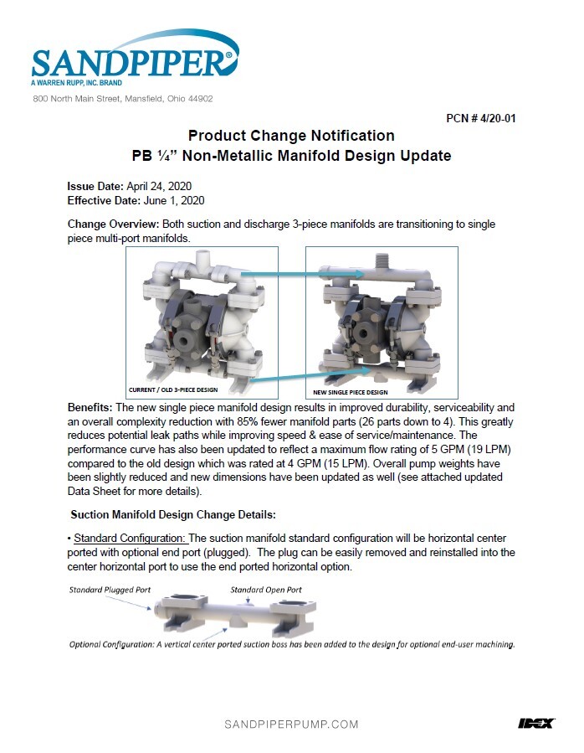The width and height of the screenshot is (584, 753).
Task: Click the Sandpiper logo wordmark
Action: coord(132,62)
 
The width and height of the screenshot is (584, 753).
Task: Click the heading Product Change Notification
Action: coord(291,136)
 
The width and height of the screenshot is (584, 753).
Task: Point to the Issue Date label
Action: coord(95,187)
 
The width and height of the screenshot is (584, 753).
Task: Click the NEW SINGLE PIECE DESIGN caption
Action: coord(350,391)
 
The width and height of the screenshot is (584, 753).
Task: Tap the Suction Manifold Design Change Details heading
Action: coord(172,513)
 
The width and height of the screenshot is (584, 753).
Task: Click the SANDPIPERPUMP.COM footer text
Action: coord(291,724)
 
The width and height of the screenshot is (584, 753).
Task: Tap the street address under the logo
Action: coord(122,99)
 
